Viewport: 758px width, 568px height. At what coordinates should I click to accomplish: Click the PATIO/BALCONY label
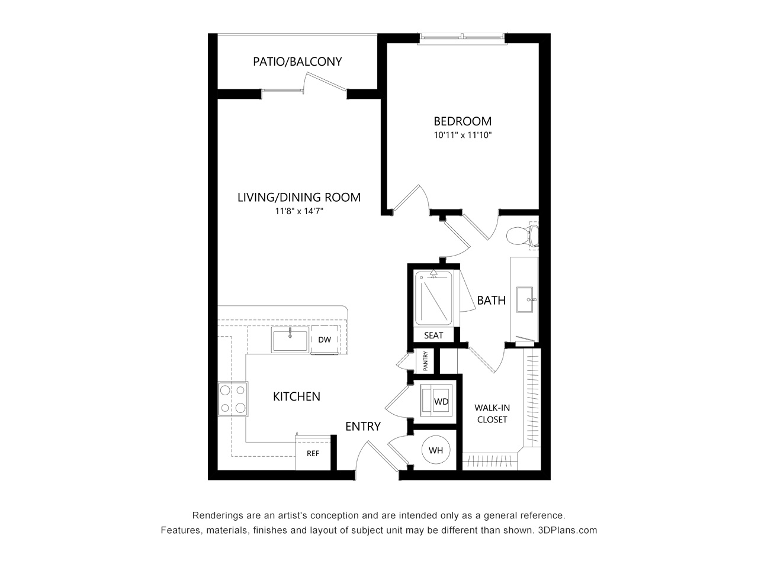[x=297, y=62]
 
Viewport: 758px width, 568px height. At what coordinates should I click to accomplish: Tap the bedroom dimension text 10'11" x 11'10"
[x=462, y=135]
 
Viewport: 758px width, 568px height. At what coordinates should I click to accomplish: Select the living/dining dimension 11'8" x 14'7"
[x=299, y=211]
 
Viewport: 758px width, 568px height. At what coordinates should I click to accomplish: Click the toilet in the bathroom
[x=522, y=235]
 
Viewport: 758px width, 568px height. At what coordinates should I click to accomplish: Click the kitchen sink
[x=290, y=340]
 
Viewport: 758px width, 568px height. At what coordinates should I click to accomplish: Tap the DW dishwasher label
[x=325, y=340]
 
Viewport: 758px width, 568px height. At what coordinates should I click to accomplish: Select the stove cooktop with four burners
[x=233, y=399]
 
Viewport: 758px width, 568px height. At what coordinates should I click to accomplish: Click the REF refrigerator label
[x=313, y=453]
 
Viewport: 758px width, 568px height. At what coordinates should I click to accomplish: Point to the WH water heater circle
[x=436, y=450]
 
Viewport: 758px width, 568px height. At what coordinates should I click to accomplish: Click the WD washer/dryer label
[x=441, y=401]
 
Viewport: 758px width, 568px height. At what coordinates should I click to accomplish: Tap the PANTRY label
[x=425, y=361]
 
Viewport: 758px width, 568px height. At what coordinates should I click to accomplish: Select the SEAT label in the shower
[x=433, y=335]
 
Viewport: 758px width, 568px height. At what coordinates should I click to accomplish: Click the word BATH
[x=491, y=301]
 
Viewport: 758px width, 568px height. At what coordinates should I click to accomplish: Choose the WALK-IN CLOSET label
[x=492, y=414]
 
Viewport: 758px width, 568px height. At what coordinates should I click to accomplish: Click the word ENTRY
[x=363, y=427]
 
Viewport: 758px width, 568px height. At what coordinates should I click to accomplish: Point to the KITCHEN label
[x=297, y=396]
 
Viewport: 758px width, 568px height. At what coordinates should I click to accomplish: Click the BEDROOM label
[x=462, y=121]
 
